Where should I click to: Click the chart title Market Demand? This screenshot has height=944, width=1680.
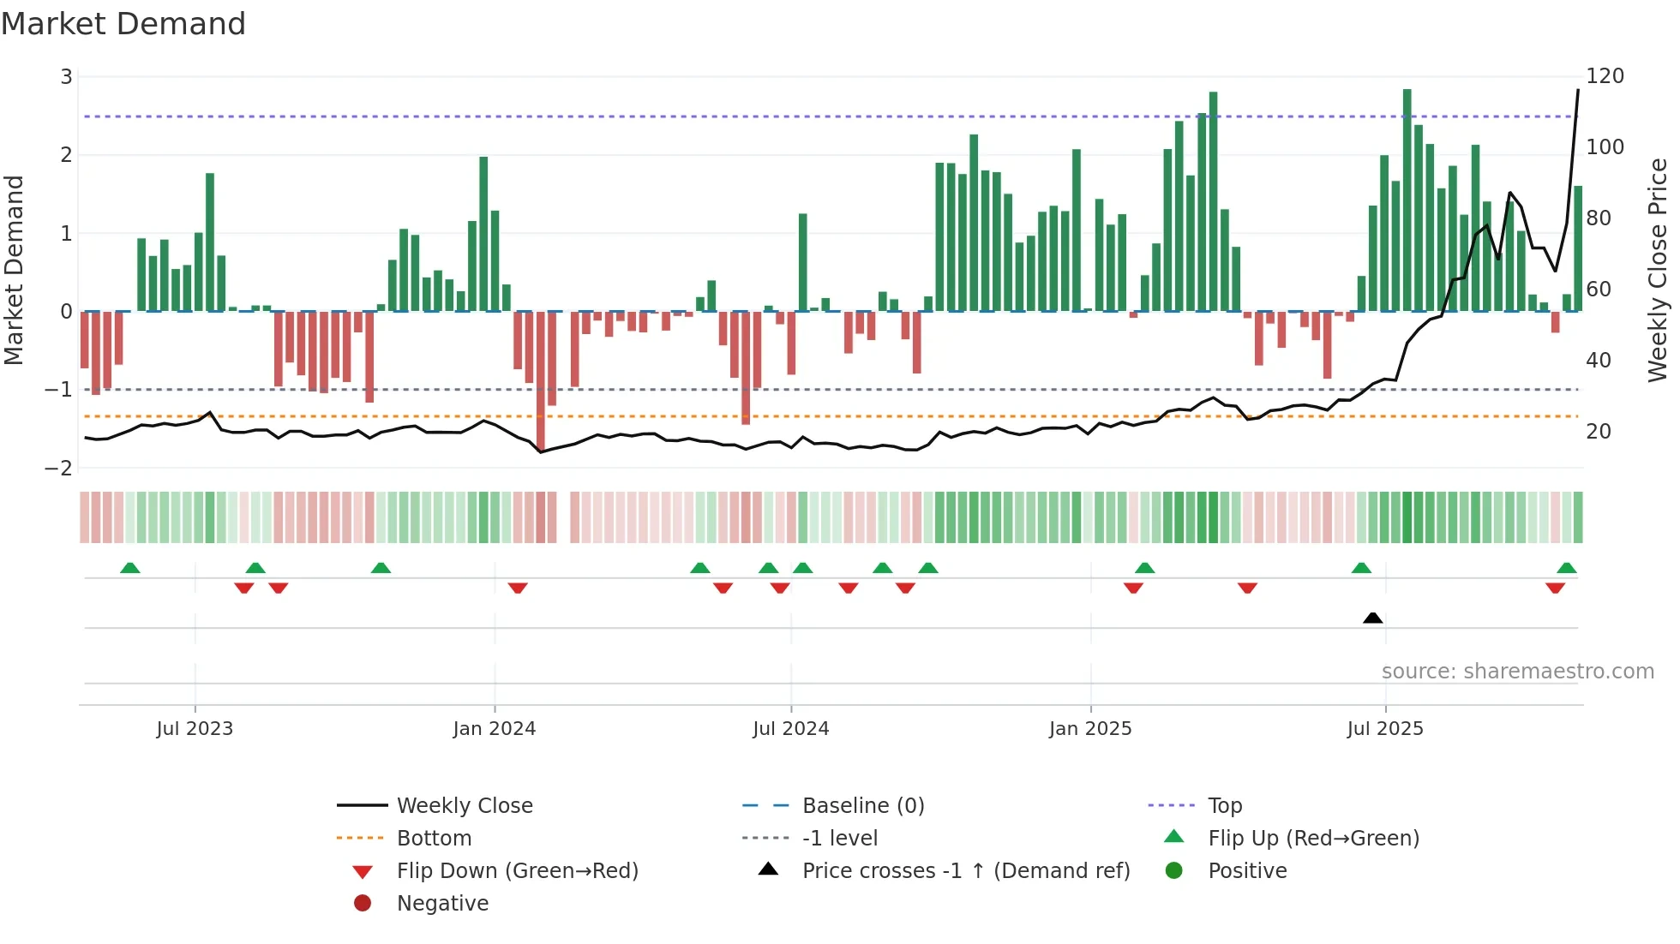(x=123, y=24)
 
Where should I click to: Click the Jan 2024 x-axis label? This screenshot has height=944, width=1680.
(x=494, y=729)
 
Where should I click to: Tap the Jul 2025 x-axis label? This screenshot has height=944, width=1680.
(x=1384, y=729)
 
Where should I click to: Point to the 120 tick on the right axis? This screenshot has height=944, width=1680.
(x=1605, y=76)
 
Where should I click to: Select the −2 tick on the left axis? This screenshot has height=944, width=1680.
(x=59, y=469)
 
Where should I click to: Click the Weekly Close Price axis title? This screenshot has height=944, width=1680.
(x=1658, y=270)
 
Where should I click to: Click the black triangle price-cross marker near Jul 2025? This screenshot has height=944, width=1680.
(x=1372, y=618)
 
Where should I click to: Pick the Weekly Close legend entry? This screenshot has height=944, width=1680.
(x=464, y=806)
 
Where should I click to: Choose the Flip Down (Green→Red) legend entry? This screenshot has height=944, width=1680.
(x=517, y=871)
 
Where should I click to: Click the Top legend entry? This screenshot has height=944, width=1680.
(x=1224, y=806)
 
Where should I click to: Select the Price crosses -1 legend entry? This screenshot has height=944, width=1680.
(x=965, y=871)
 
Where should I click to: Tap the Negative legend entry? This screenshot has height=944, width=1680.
(x=442, y=904)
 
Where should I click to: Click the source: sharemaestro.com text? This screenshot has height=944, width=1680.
(x=1517, y=672)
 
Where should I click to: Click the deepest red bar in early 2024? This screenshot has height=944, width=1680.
(x=541, y=381)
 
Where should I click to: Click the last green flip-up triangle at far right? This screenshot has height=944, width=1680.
(x=1566, y=568)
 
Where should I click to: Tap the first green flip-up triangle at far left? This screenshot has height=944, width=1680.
(x=129, y=568)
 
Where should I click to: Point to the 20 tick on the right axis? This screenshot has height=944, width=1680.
(x=1598, y=432)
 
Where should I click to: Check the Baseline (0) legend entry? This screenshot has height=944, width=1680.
(x=862, y=806)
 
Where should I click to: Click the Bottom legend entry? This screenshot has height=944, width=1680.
(x=434, y=839)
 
